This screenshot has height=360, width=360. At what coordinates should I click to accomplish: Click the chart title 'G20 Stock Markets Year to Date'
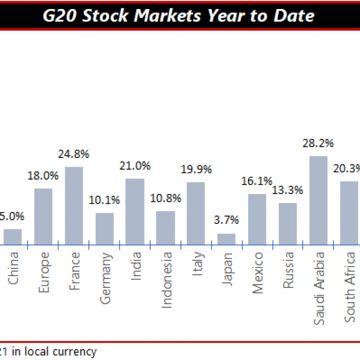coord(179,15)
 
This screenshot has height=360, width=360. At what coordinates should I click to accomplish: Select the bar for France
coord(74,206)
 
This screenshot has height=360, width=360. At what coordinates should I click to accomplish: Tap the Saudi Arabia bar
coord(318,200)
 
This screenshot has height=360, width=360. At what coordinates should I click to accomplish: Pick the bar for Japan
coord(226,239)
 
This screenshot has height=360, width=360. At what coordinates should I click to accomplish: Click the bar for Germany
coord(105,228)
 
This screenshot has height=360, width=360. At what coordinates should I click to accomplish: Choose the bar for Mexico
coord(257,219)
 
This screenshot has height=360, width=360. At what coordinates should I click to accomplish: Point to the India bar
coord(135,211)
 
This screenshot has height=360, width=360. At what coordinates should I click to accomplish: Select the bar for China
coord(13,237)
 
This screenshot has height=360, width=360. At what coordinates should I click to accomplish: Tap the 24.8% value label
coord(74,154)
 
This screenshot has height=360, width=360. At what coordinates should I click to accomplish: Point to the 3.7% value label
coord(227,220)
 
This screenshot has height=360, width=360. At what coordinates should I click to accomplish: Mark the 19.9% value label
coord(195,169)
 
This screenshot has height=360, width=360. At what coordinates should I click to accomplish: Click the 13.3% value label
coord(287,190)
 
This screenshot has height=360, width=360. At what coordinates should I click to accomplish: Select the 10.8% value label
coord(165,198)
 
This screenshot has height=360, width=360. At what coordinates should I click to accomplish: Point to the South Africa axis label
coord(349,287)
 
